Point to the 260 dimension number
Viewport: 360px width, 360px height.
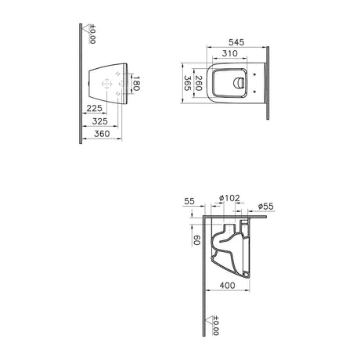(x=199, y=83)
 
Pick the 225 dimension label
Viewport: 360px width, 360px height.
(x=92, y=109)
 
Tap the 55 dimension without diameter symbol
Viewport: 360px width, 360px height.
(x=189, y=202)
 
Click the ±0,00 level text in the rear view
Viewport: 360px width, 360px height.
(x=92, y=34)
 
